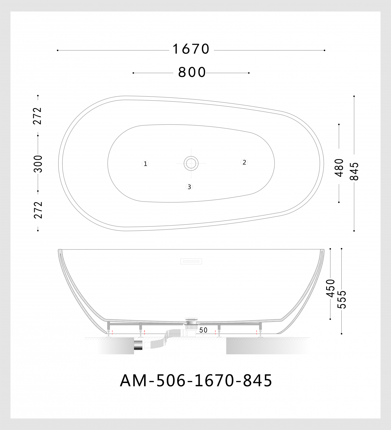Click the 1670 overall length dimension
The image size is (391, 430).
click(x=191, y=49)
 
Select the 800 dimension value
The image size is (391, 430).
click(x=192, y=73)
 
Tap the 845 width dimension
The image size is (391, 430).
click(x=355, y=171)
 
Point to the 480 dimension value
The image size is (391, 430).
click(x=339, y=167)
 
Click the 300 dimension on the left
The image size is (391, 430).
click(x=38, y=164)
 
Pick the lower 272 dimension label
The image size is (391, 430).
click(x=38, y=210)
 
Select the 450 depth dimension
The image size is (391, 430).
click(x=331, y=288)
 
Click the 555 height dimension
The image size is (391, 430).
click(x=342, y=300)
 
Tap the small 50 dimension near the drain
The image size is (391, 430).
click(x=203, y=330)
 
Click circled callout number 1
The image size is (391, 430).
click(x=145, y=164)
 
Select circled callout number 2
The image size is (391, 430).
click(x=244, y=163)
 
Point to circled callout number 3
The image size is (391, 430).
click(x=189, y=187)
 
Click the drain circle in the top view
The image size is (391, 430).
click(x=191, y=163)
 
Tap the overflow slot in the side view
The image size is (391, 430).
click(x=191, y=261)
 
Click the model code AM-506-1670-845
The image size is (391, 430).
click(x=196, y=381)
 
